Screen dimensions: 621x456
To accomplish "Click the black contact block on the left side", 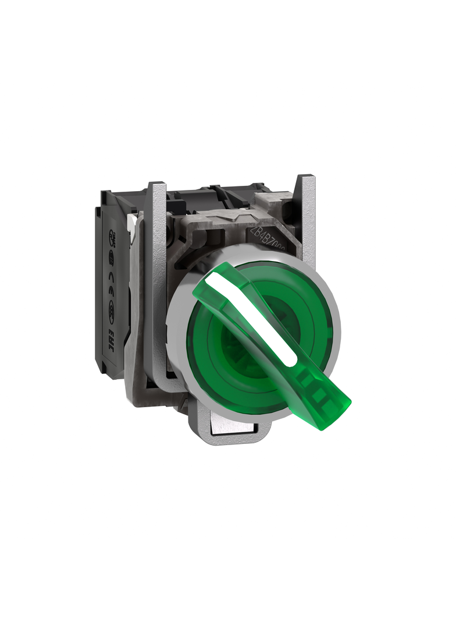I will pyautogui.click(x=113, y=291).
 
